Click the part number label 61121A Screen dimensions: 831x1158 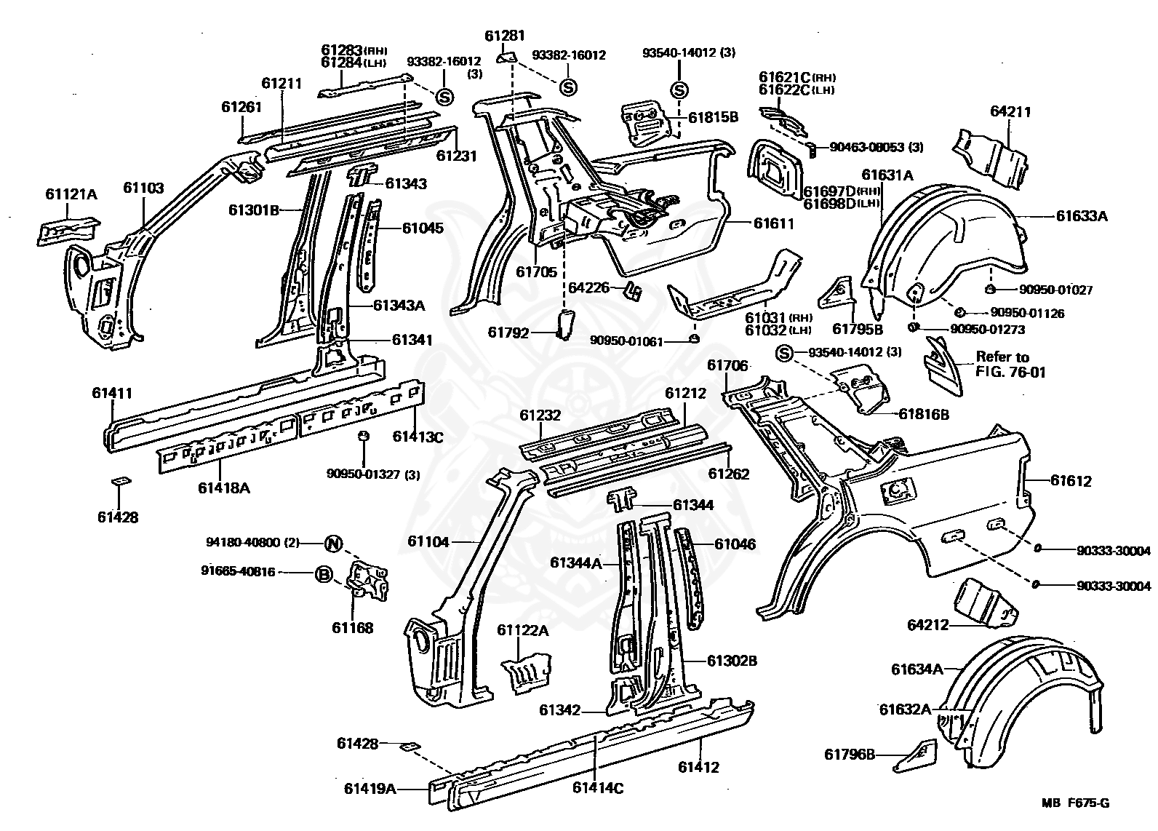click(x=71, y=194)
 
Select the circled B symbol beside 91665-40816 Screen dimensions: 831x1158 click(x=324, y=574)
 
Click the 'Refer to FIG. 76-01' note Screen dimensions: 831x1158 click(x=1002, y=363)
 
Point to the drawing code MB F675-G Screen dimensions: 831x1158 click(x=1074, y=803)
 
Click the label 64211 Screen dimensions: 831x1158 click(x=1010, y=112)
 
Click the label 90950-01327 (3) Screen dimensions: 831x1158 click(x=373, y=475)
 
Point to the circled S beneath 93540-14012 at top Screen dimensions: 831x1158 click(x=679, y=90)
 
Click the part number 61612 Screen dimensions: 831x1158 click(x=1071, y=480)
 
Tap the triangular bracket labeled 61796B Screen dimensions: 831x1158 click(x=917, y=755)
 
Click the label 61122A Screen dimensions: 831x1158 click(x=522, y=630)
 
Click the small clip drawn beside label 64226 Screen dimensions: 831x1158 click(x=633, y=290)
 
